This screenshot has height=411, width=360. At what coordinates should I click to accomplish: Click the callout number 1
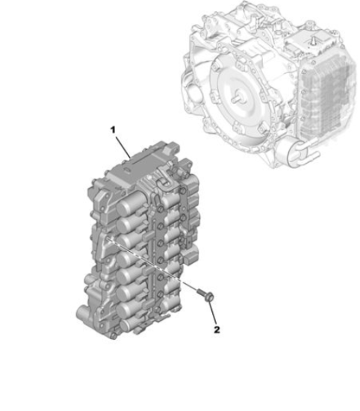(x=113, y=130)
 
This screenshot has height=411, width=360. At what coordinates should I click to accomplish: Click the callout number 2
(x=217, y=330)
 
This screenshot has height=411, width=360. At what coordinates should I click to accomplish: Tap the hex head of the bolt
(x=210, y=297)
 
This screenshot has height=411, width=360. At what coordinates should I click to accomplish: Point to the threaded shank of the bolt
(x=201, y=291)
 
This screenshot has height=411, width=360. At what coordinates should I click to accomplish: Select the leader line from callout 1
(x=122, y=146)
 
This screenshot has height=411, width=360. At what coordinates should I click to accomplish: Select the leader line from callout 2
(x=212, y=313)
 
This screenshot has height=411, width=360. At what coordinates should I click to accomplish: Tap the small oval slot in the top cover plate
(x=128, y=170)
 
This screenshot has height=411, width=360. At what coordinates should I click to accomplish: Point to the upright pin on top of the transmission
(x=312, y=41)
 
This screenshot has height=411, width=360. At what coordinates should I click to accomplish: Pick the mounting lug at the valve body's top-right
(x=187, y=164)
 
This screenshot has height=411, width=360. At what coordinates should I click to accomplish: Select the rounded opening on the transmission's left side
(x=195, y=93)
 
